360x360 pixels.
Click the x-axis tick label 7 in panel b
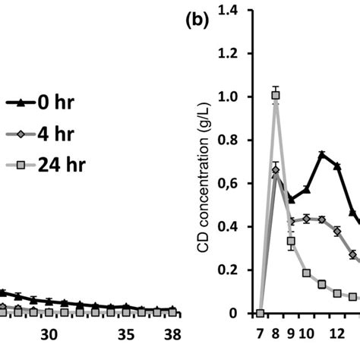260,332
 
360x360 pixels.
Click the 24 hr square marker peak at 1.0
276,95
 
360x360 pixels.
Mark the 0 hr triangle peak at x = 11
321,154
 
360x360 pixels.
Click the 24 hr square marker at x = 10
306,273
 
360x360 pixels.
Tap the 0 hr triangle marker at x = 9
291,200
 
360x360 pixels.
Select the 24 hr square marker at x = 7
260,313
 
